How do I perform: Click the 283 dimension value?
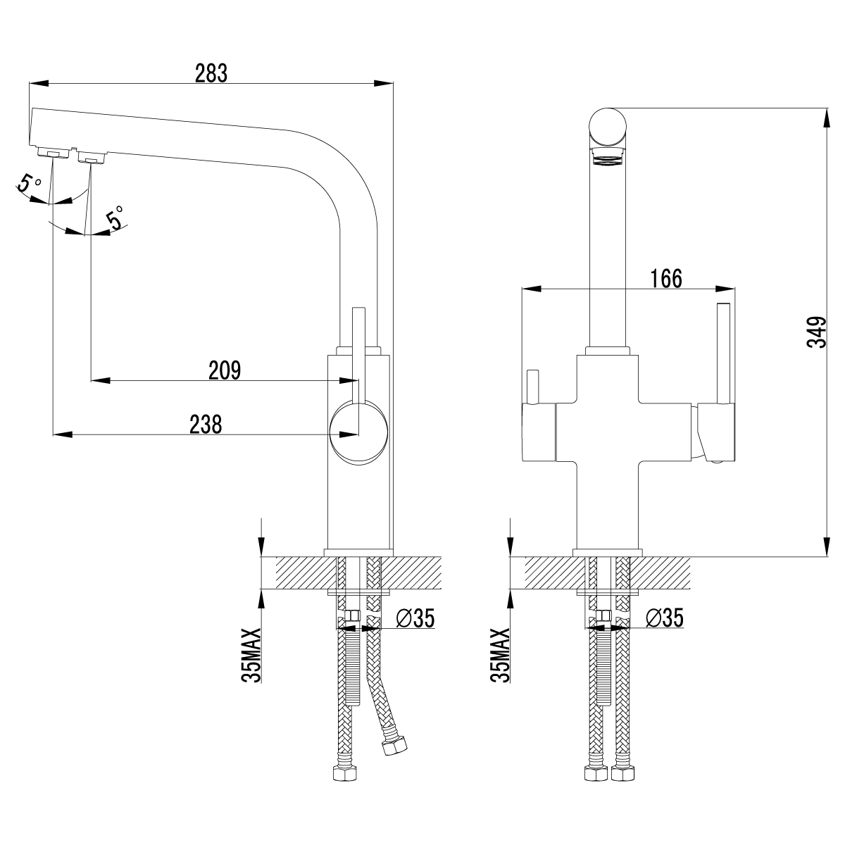tap(211, 73)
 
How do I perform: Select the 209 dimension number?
tap(225, 370)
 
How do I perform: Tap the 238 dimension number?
tap(206, 424)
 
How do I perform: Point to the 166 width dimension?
tap(666, 278)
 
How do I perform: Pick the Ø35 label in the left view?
tap(415, 618)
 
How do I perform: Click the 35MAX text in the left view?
tap(251, 655)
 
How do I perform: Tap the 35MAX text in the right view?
tap(499, 655)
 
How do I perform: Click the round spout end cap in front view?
tap(607, 127)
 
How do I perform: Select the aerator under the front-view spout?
tap(607, 157)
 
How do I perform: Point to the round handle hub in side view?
tap(358, 431)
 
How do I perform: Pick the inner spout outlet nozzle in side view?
tap(89, 157)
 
